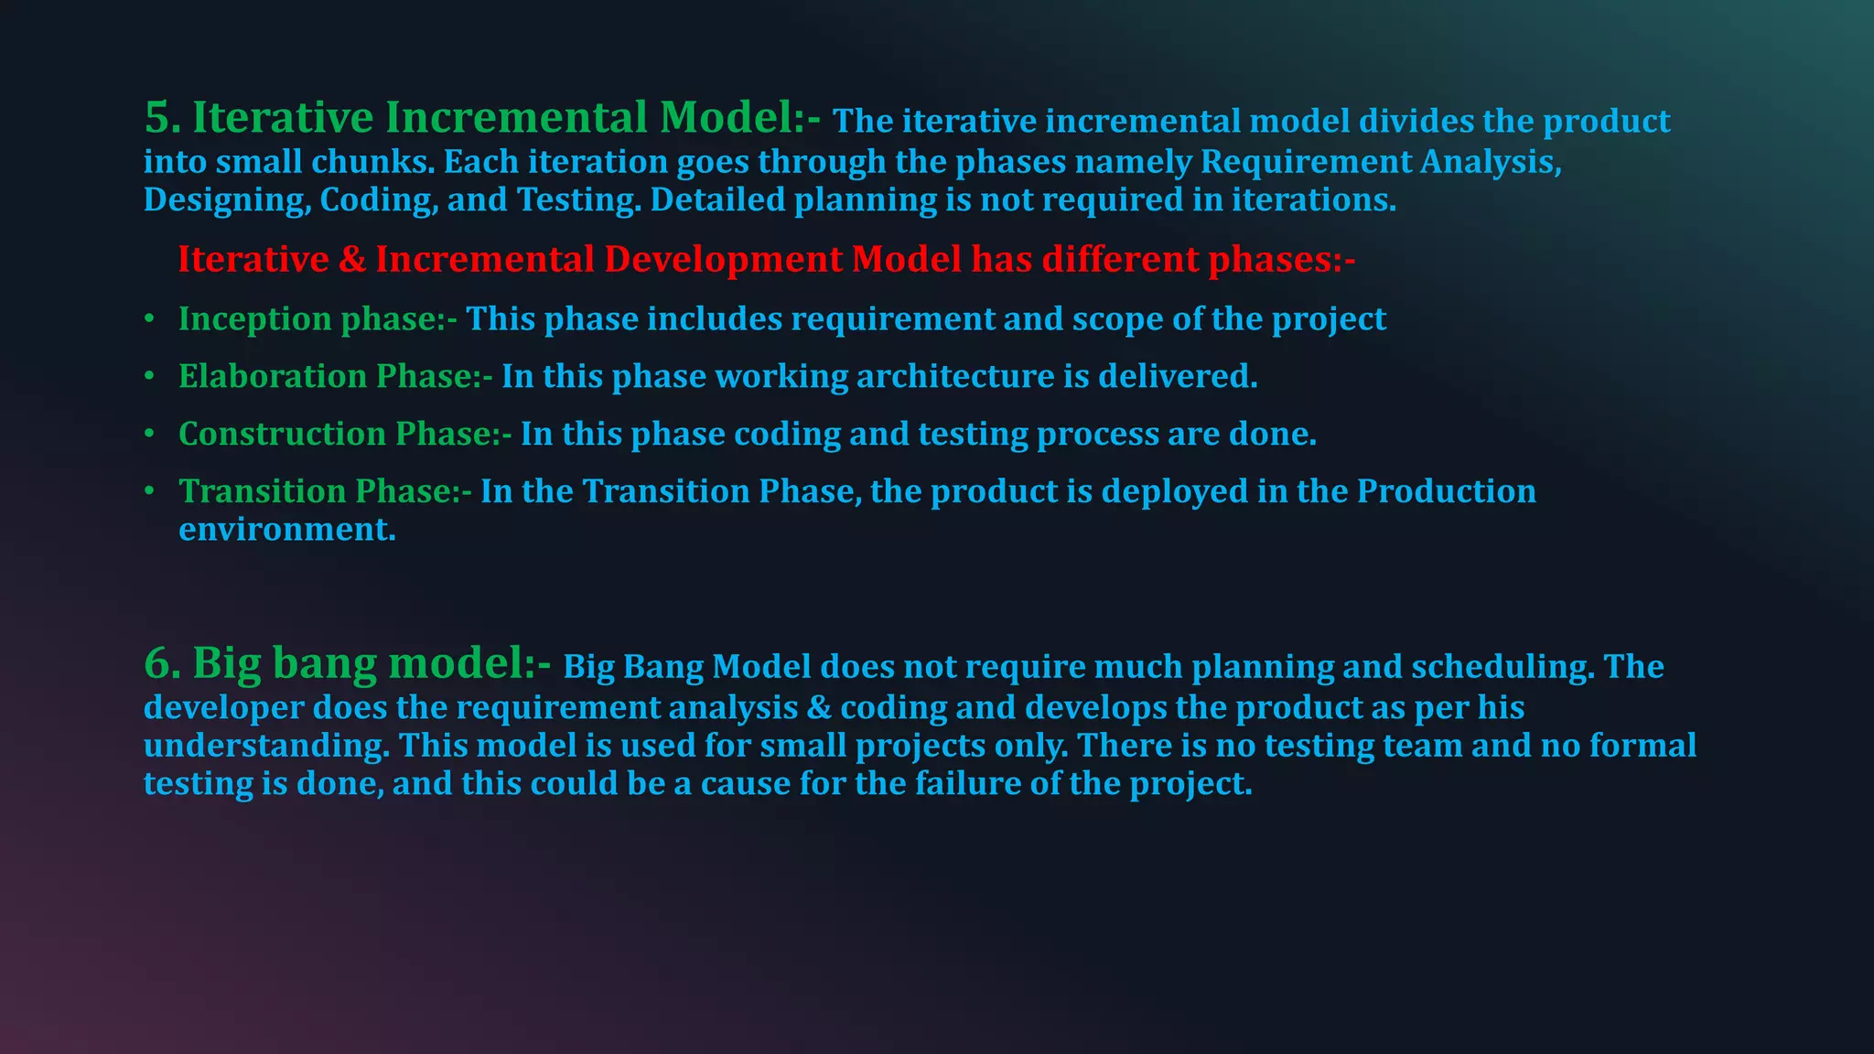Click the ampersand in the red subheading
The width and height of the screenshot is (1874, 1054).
(351, 260)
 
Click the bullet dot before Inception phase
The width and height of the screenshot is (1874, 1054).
(149, 319)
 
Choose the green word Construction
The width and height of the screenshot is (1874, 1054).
(282, 434)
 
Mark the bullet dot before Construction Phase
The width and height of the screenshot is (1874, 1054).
(149, 434)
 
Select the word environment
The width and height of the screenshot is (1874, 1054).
(286, 530)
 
